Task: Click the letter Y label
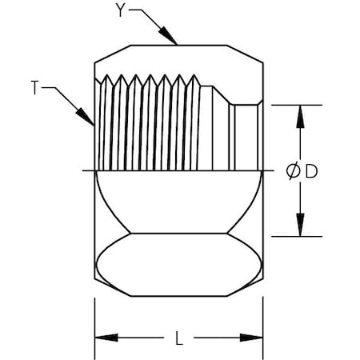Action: (121, 10)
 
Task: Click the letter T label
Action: (35, 89)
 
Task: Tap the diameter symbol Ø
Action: (293, 170)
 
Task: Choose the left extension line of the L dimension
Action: (95, 320)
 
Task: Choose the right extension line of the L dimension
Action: (265, 320)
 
